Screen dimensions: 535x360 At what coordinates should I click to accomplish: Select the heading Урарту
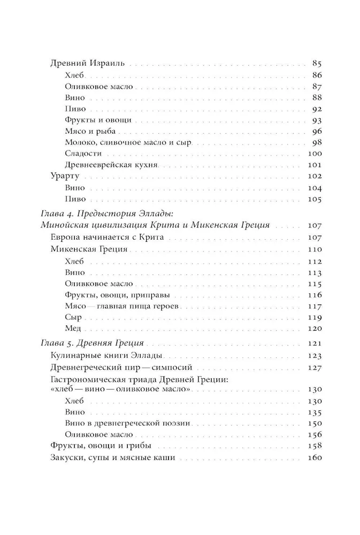coord(64,177)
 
